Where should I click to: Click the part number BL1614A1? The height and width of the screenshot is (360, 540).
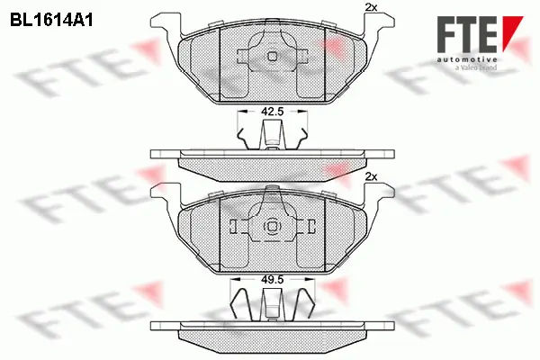(x=52, y=18)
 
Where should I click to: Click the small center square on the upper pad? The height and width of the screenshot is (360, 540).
(x=273, y=56)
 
